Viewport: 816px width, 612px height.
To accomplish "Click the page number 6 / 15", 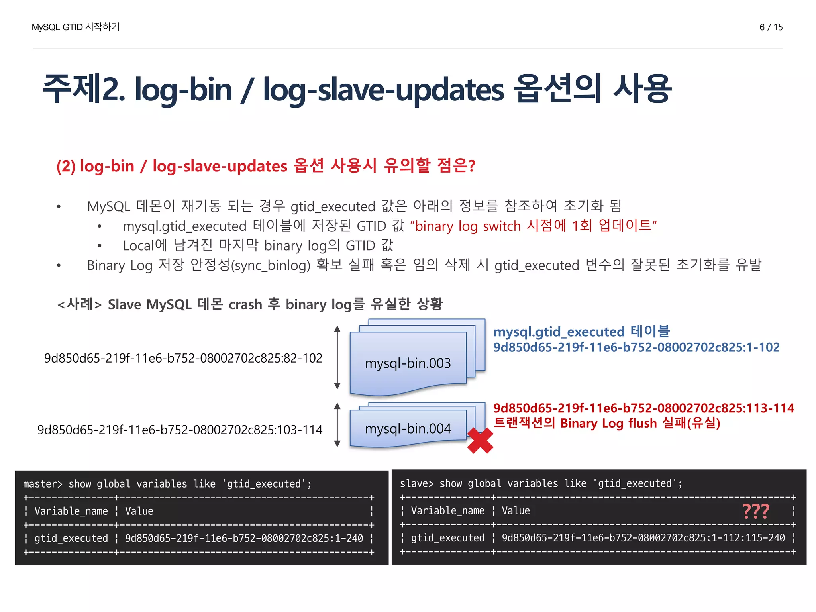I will point(771,27).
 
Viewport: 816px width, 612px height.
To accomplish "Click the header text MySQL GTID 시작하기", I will point(75,27).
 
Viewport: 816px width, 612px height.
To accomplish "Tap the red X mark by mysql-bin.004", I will point(480,440).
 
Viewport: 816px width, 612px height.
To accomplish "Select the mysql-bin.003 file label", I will point(408,363).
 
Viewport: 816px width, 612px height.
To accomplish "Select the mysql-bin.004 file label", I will point(408,429).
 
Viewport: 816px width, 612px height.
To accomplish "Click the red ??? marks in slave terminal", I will point(755,511).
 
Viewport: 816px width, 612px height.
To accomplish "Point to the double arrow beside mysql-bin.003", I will point(337,357).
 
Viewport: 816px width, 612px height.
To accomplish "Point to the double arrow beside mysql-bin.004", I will point(337,424).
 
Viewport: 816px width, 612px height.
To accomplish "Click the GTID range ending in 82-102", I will point(183,358).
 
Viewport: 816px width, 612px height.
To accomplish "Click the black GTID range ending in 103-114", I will point(180,430).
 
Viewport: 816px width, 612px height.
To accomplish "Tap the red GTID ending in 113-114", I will point(643,408).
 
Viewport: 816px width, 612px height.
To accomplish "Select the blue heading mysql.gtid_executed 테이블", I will point(581,331).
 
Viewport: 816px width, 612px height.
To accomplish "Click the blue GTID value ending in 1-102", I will point(636,347).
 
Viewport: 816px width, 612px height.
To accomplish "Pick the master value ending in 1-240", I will point(244,538).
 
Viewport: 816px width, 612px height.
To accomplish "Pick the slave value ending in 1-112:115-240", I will point(643,538).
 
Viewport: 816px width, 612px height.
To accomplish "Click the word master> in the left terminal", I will point(43,484).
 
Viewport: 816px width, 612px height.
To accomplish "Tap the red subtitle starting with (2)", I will point(266,166).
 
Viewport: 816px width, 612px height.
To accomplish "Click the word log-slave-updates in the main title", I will point(383,89).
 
